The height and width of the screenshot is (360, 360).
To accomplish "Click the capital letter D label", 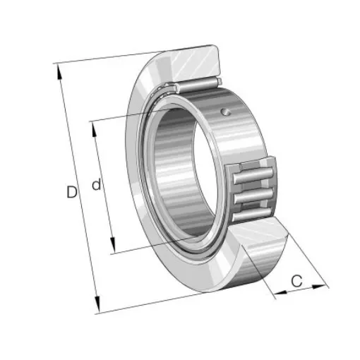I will tap(71, 191).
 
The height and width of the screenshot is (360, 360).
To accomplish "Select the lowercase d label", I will tap(97, 185).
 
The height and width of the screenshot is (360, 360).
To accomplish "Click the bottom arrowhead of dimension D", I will tap(97, 308).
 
